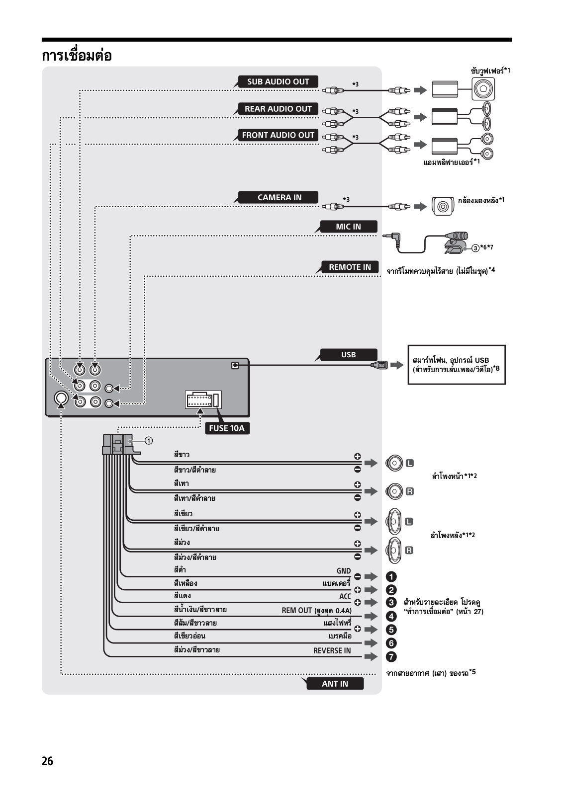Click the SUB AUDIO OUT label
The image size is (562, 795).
coord(278,81)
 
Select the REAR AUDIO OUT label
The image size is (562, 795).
coord(278,109)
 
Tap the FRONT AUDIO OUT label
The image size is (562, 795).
coord(278,135)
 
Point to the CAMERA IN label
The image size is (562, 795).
coord(279,197)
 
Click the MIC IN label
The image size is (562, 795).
coord(348,227)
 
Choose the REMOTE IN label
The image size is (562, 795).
coord(350,267)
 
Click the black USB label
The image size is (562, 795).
coord(348,355)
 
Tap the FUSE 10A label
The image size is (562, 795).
coord(227,428)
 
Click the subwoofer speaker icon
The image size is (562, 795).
coord(483,89)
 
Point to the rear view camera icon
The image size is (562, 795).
coord(443,206)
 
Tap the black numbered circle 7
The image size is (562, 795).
coord(391,657)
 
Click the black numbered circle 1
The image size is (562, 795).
coord(391,577)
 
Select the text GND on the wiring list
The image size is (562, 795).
coord(344,571)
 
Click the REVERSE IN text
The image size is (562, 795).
coord(332,650)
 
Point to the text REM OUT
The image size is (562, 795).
coord(296,611)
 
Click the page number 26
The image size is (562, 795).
coord(47,761)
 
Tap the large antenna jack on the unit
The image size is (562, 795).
coord(61,398)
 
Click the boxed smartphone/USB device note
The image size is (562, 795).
coord(457,365)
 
